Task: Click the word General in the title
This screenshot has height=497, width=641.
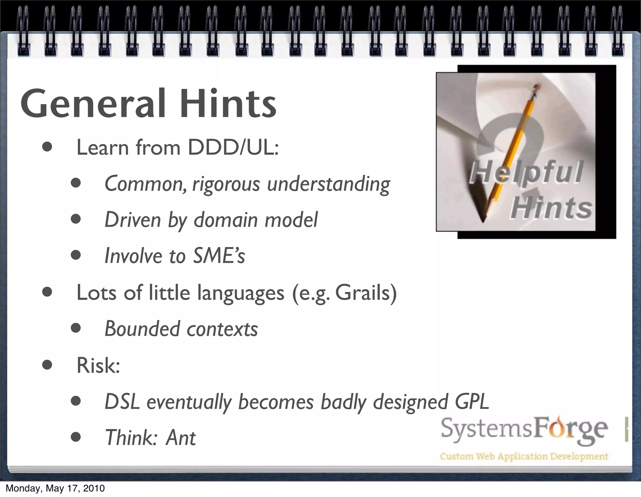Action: pyautogui.click(x=93, y=103)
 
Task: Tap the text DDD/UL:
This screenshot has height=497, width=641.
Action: pyautogui.click(x=233, y=147)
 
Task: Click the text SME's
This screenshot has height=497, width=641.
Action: pyautogui.click(x=219, y=256)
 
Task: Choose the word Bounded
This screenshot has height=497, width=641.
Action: pyautogui.click(x=143, y=329)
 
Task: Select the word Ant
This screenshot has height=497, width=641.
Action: pyautogui.click(x=181, y=437)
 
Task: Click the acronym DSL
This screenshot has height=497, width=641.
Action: pyautogui.click(x=122, y=401)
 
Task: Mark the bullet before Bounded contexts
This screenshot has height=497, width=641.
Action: pyautogui.click(x=76, y=329)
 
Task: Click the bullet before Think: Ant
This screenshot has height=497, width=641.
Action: pyautogui.click(x=76, y=437)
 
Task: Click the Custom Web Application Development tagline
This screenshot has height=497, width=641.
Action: pyautogui.click(x=524, y=456)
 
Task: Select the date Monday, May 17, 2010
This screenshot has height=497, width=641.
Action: pyautogui.click(x=55, y=488)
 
